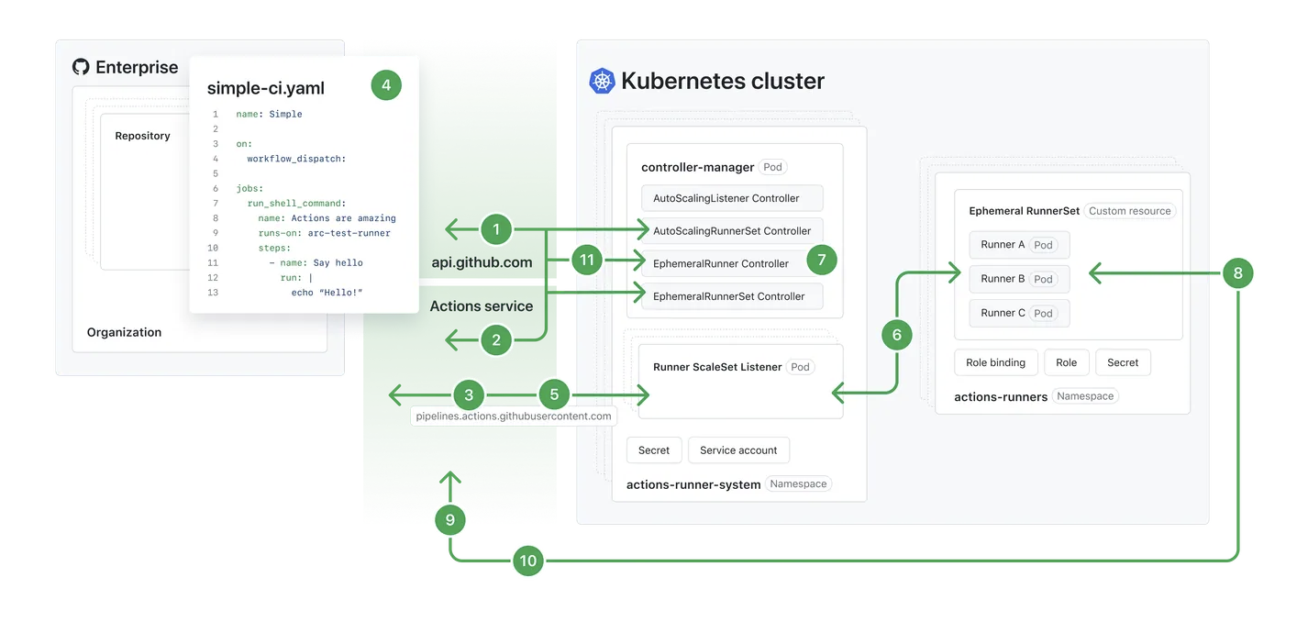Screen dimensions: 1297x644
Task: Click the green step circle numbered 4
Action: coord(386,85)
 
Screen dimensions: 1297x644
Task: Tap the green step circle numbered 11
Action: coord(586,260)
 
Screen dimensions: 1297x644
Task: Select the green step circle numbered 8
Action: coord(1238,273)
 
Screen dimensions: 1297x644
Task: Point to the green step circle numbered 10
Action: coord(528,561)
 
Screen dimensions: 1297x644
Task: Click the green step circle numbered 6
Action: coord(897,335)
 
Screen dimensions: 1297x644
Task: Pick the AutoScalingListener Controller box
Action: coord(732,198)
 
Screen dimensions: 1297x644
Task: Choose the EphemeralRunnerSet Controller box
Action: coord(732,296)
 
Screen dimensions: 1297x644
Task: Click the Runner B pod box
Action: coord(1019,279)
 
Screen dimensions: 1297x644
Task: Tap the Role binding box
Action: coord(995,362)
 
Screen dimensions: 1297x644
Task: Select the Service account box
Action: coord(738,450)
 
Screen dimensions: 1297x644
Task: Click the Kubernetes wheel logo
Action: coord(602,81)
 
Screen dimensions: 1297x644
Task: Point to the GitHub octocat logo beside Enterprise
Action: coord(81,67)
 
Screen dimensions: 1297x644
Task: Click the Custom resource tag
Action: coord(1130,211)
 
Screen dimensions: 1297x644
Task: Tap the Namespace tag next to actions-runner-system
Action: coord(798,483)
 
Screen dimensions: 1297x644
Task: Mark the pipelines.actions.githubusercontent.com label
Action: coord(514,416)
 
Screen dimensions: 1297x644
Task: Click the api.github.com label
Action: coord(482,262)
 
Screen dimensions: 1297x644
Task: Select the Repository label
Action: coord(142,136)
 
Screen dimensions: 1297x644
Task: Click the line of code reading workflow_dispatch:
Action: coord(296,159)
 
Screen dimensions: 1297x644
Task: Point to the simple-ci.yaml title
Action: coord(266,88)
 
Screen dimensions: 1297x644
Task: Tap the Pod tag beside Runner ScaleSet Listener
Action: coord(800,367)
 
